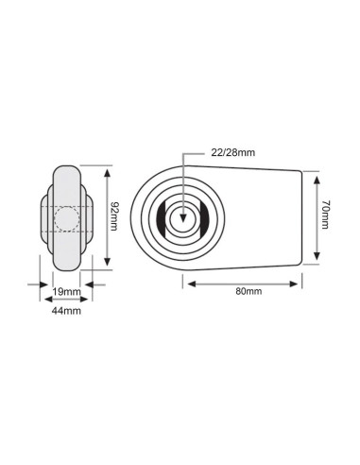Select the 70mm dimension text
click(324, 216)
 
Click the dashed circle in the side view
click(66, 216)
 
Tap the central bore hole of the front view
click(182, 216)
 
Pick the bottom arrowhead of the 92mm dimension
click(108, 265)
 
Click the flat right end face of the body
click(301, 217)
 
